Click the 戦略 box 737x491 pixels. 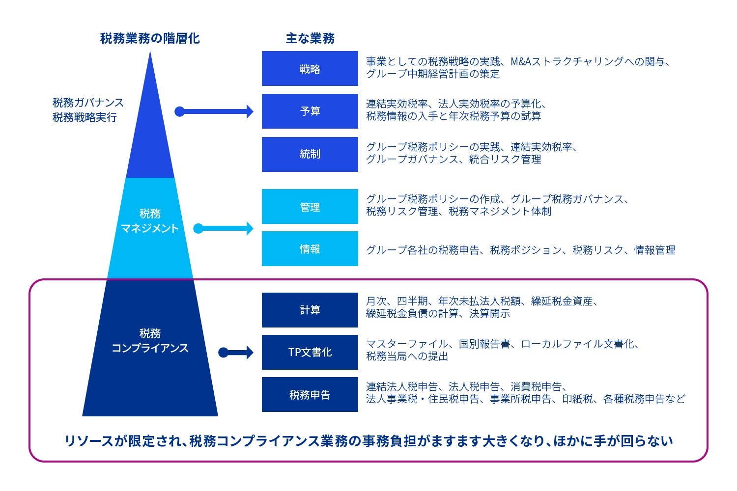click(x=310, y=69)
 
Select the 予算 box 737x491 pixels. click(x=310, y=111)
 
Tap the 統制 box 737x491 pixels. click(x=310, y=154)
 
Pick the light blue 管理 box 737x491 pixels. click(x=310, y=207)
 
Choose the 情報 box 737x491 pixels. click(x=310, y=249)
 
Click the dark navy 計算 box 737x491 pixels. click(x=310, y=310)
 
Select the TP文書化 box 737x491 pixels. click(x=310, y=352)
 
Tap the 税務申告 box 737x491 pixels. click(x=310, y=394)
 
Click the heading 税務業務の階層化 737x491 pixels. click(x=150, y=38)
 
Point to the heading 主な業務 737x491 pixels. click(x=310, y=38)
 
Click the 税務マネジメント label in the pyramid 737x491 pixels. click(x=150, y=221)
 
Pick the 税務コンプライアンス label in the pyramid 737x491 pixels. click(x=150, y=341)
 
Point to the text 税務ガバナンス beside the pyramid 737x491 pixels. click(x=88, y=103)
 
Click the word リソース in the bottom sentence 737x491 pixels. click(x=89, y=441)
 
